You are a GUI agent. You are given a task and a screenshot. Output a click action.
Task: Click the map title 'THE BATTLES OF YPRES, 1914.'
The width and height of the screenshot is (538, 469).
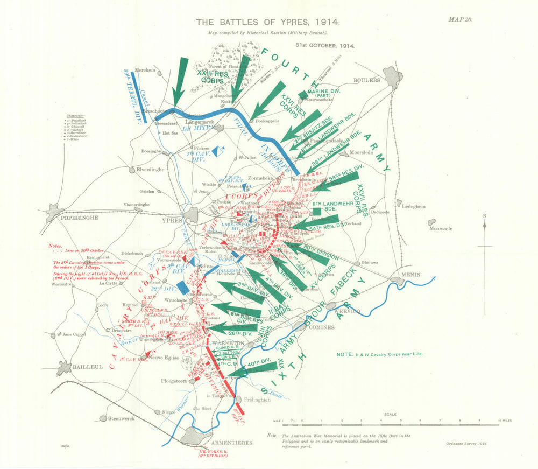pos(267,23)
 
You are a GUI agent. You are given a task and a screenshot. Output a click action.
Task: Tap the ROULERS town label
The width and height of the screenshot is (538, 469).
pos(366,80)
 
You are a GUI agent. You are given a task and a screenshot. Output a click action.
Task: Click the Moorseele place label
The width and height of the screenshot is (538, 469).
pos(441,228)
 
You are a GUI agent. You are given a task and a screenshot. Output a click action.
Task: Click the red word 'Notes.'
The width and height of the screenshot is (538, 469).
pos(55,246)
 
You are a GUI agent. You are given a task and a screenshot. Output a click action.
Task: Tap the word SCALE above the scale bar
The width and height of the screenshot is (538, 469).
pos(391,414)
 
